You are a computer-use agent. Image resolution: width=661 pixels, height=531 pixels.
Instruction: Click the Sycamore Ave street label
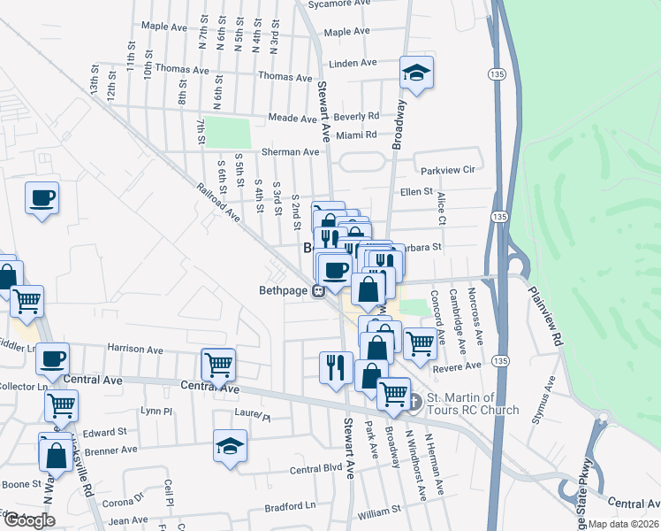click(x=337, y=4)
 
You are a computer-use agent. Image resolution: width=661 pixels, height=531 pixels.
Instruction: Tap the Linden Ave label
click(x=353, y=64)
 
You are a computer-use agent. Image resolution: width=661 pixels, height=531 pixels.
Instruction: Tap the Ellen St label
click(x=415, y=191)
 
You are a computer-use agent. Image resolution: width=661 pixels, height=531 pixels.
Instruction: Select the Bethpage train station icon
click(x=323, y=289)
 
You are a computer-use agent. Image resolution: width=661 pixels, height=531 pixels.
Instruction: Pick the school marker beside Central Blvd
click(x=230, y=446)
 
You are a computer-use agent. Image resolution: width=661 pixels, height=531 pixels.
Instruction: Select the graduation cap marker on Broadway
click(x=415, y=73)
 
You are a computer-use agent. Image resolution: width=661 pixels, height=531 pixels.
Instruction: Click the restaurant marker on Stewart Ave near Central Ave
click(x=335, y=366)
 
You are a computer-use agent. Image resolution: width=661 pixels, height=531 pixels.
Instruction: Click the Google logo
click(x=29, y=520)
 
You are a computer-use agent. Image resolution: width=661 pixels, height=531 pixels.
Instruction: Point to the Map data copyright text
click(x=623, y=524)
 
